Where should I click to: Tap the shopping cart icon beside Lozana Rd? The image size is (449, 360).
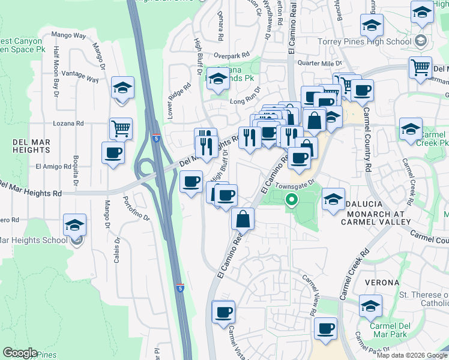click(x=121, y=128)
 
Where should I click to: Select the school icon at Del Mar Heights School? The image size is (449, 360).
click(x=75, y=225)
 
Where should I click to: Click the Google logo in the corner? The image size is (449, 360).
click(x=20, y=352)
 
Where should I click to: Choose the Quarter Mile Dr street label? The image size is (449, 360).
click(x=315, y=62)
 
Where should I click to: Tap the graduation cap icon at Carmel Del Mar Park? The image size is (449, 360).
click(x=370, y=305)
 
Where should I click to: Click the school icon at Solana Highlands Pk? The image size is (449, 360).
click(x=217, y=78)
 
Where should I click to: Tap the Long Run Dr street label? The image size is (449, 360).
click(x=246, y=97)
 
